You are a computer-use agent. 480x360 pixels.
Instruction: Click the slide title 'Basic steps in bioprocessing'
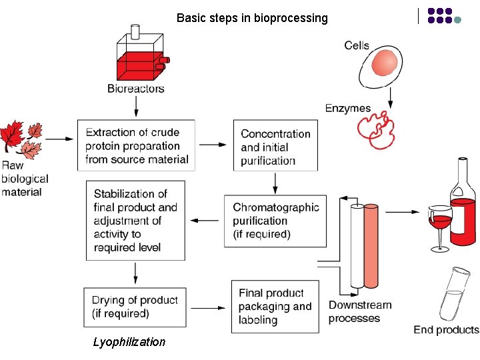coord(252,18)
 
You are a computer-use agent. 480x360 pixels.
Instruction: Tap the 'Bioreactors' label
coord(136,89)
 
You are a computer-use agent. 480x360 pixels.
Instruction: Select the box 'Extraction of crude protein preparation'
coord(137,146)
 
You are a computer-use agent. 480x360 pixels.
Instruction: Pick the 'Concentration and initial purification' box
coord(275,147)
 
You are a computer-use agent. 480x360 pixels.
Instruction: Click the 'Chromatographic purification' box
coord(275,221)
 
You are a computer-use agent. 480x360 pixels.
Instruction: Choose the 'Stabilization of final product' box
coord(135,220)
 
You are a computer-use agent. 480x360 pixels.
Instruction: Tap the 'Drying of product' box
coord(135,307)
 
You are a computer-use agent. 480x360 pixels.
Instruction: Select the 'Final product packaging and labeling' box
coord(275,307)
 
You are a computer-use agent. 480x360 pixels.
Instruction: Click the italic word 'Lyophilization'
coord(129,342)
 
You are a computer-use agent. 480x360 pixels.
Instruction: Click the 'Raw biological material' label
coord(25,179)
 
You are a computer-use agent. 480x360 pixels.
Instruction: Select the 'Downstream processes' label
coord(360,311)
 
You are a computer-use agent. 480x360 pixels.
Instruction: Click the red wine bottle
coord(463,203)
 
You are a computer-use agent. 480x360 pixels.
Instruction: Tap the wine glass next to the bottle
coord(440,227)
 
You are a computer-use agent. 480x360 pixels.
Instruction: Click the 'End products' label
coord(446,330)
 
